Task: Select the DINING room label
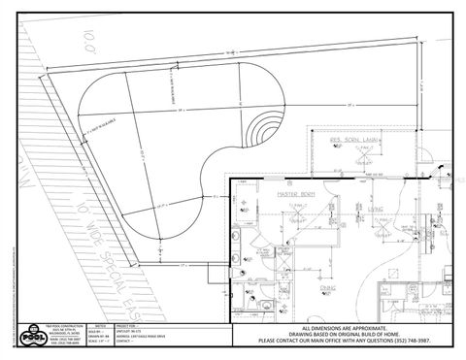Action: (329, 287)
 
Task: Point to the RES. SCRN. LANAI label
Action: (352, 140)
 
